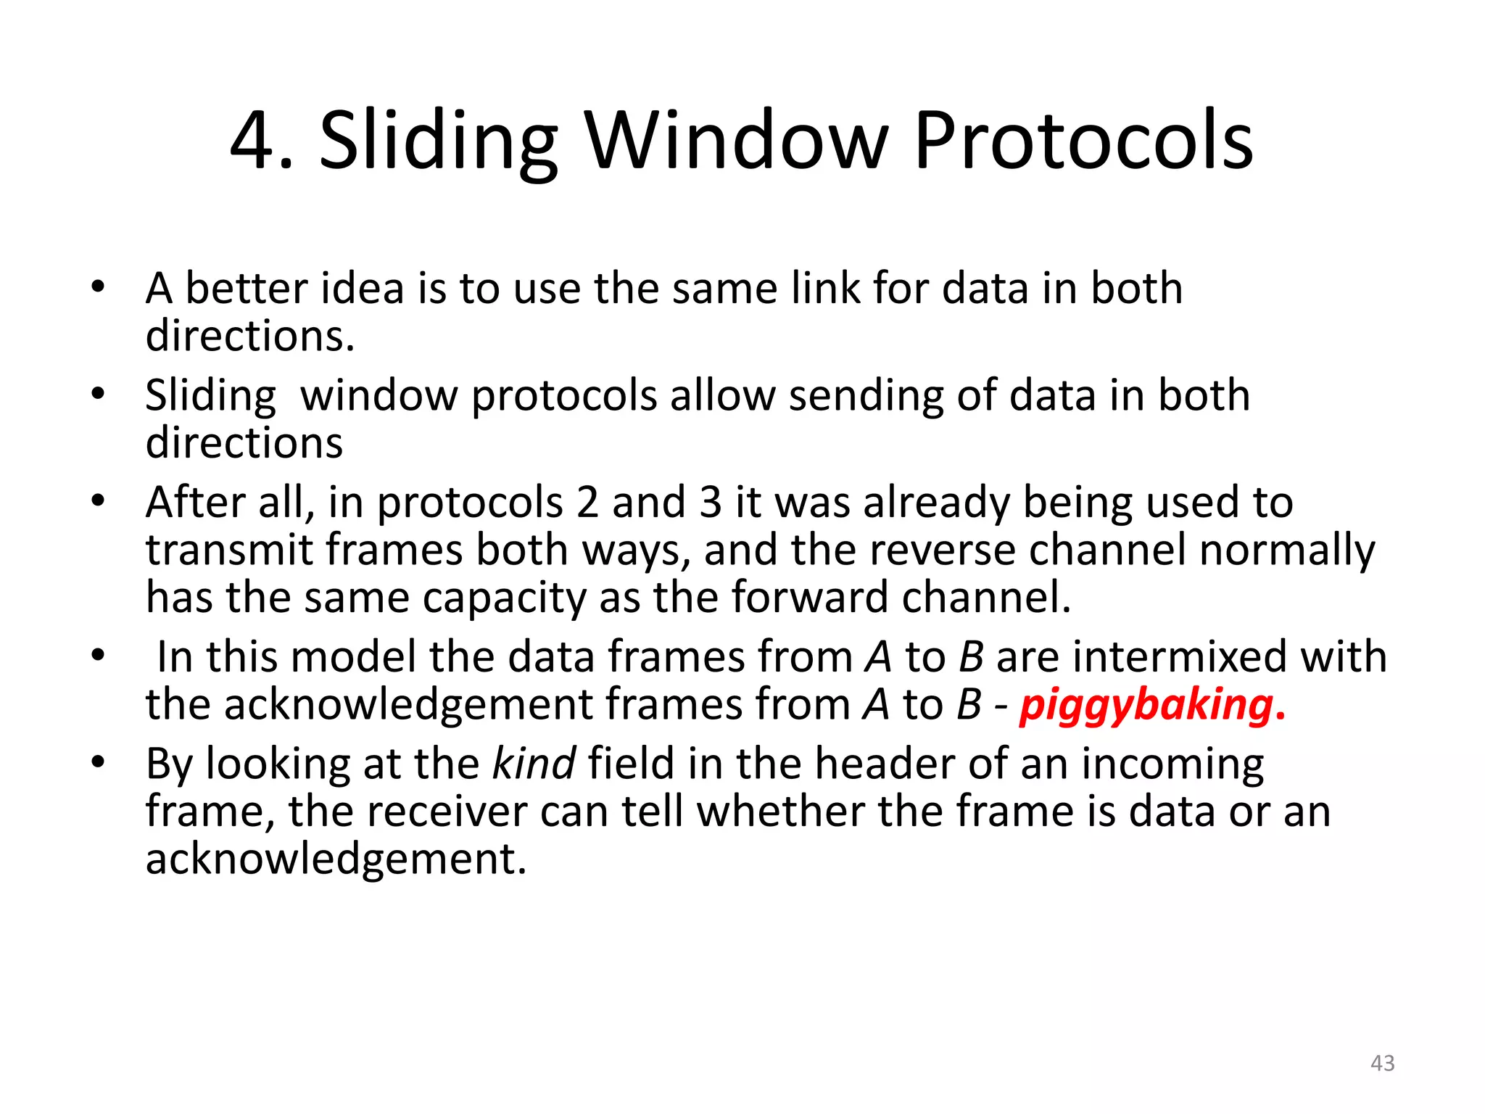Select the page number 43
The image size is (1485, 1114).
click(x=1382, y=1063)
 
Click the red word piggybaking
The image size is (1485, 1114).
click(x=1146, y=704)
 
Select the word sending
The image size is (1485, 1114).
click(x=866, y=397)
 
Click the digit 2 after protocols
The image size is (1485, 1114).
click(x=587, y=502)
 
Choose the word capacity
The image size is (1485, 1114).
click(x=504, y=598)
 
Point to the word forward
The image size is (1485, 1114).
click(x=810, y=597)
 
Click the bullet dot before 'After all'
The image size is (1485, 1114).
click(x=99, y=501)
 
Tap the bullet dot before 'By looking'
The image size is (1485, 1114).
click(x=99, y=762)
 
